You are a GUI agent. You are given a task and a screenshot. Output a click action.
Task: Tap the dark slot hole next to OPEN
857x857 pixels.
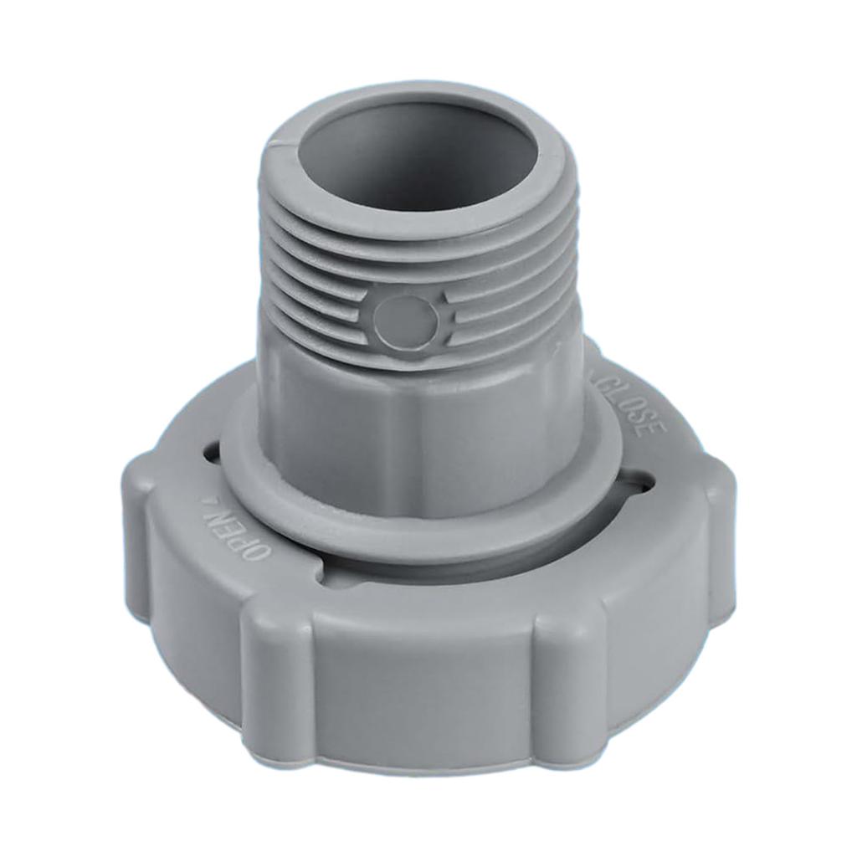click(x=210, y=453)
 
